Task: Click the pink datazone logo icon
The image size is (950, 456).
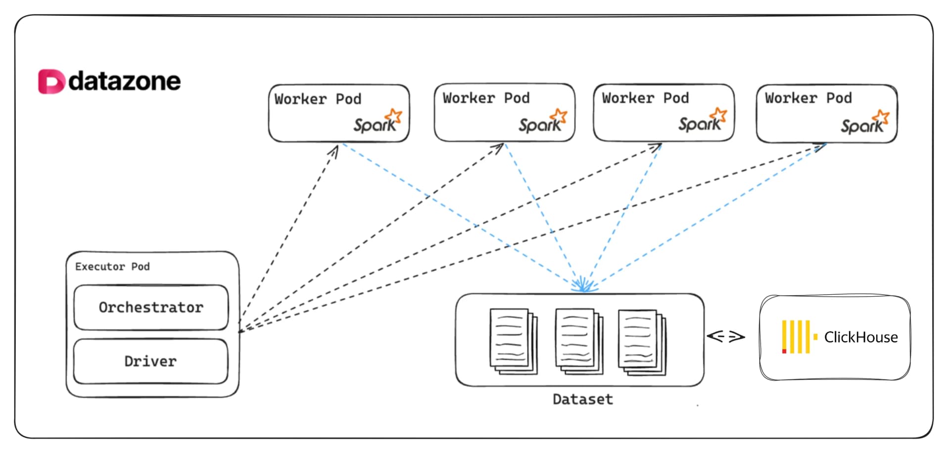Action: pos(51,82)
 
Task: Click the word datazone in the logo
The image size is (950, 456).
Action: pos(125,82)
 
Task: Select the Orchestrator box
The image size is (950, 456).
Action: pos(151,307)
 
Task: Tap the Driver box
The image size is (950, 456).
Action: pos(150,362)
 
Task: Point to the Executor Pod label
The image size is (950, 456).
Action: pos(112,267)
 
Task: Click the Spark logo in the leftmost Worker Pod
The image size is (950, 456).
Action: pos(377,122)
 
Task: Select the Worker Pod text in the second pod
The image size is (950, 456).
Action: pos(486,98)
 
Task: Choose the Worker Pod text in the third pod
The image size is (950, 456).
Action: pos(645,98)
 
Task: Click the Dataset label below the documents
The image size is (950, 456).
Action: pos(582,400)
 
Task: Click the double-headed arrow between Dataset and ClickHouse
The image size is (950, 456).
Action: pos(726,337)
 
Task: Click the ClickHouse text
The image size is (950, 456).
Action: pos(860,337)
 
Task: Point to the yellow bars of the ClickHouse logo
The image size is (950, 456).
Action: pos(796,336)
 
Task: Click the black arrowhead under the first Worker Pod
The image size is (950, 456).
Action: pos(335,150)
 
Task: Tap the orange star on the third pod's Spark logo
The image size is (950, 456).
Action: pos(718,115)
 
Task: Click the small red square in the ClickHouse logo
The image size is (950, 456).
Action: pos(784,351)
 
